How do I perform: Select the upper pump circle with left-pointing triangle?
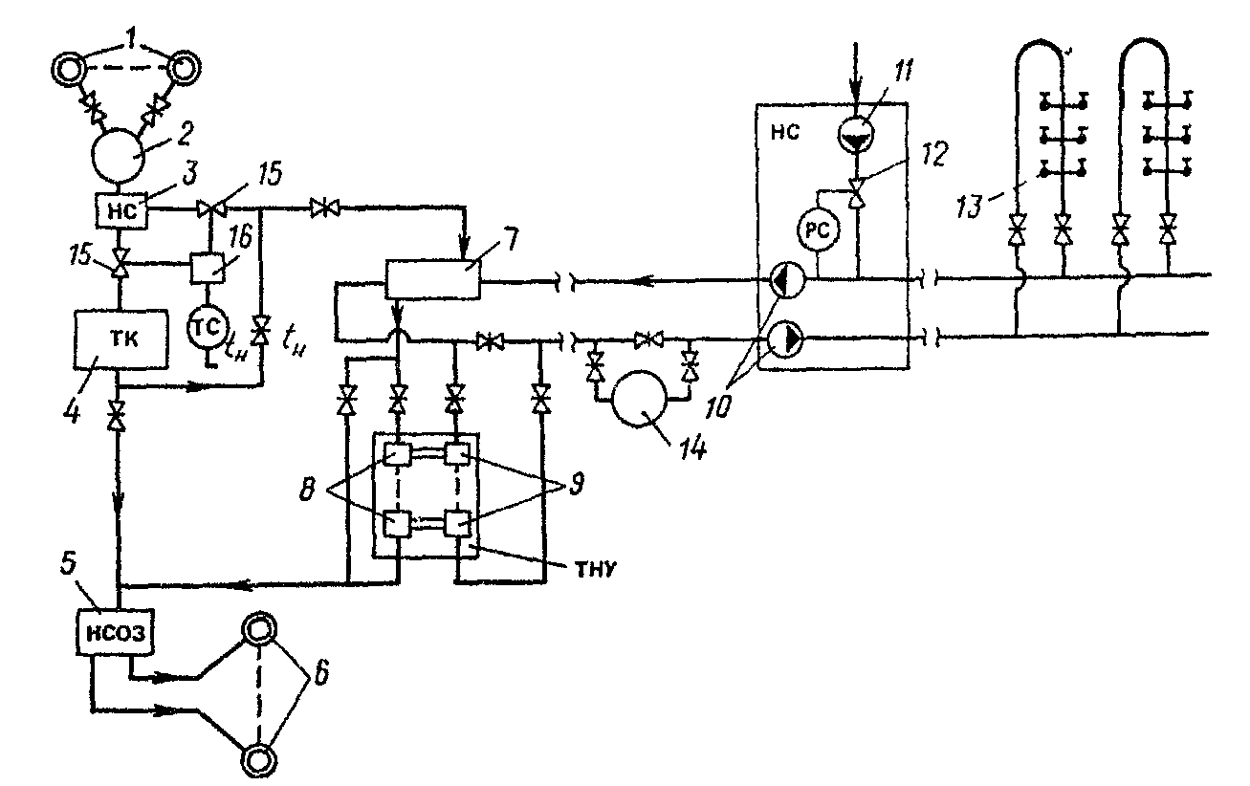(788, 280)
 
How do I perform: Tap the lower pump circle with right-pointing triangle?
(786, 339)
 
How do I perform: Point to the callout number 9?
(576, 483)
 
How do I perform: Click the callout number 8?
(306, 490)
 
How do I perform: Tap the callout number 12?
(934, 155)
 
